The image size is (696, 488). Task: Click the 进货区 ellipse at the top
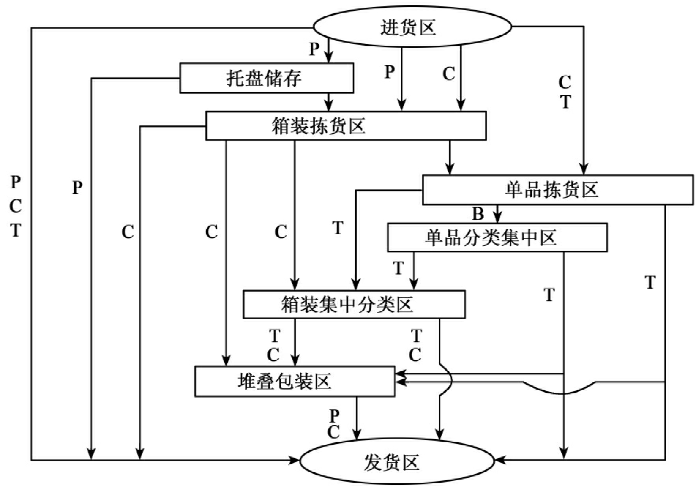pos(412,26)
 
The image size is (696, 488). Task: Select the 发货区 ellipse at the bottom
pos(397,462)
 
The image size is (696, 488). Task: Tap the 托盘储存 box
pos(266,78)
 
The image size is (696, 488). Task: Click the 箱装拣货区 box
pos(346,126)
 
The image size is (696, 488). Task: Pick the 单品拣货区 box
pos(557,190)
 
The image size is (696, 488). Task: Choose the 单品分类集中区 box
pos(497,238)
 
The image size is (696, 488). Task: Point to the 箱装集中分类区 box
pos(354,304)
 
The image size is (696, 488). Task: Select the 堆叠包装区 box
pos(295,381)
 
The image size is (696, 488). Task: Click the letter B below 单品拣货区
pos(478,214)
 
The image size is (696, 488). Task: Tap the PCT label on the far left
pos(16,206)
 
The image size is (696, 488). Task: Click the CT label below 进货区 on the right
pos(565,92)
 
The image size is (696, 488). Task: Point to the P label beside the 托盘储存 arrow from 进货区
pos(314,49)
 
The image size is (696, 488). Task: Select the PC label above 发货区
pos(334,424)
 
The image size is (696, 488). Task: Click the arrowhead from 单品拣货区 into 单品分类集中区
pos(498,219)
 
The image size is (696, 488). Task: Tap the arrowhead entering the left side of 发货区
pos(295,460)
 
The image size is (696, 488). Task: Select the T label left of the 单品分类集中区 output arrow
pos(398,269)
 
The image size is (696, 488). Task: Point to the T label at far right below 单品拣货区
pos(650,283)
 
